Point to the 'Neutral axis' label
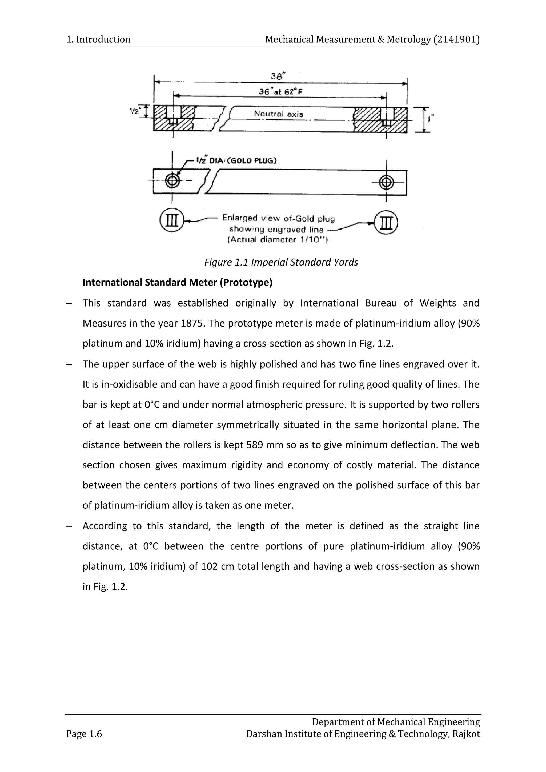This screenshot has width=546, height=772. click(x=278, y=114)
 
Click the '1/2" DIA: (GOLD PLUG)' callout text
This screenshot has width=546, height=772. click(x=237, y=160)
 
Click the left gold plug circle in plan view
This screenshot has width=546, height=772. click(x=172, y=181)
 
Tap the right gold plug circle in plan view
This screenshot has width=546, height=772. click(x=386, y=183)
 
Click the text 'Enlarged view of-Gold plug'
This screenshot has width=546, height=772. click(x=278, y=219)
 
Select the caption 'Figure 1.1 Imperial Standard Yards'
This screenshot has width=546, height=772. click(x=281, y=262)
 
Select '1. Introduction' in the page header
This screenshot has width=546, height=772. click(x=98, y=39)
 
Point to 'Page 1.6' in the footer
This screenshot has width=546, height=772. click(x=84, y=734)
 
